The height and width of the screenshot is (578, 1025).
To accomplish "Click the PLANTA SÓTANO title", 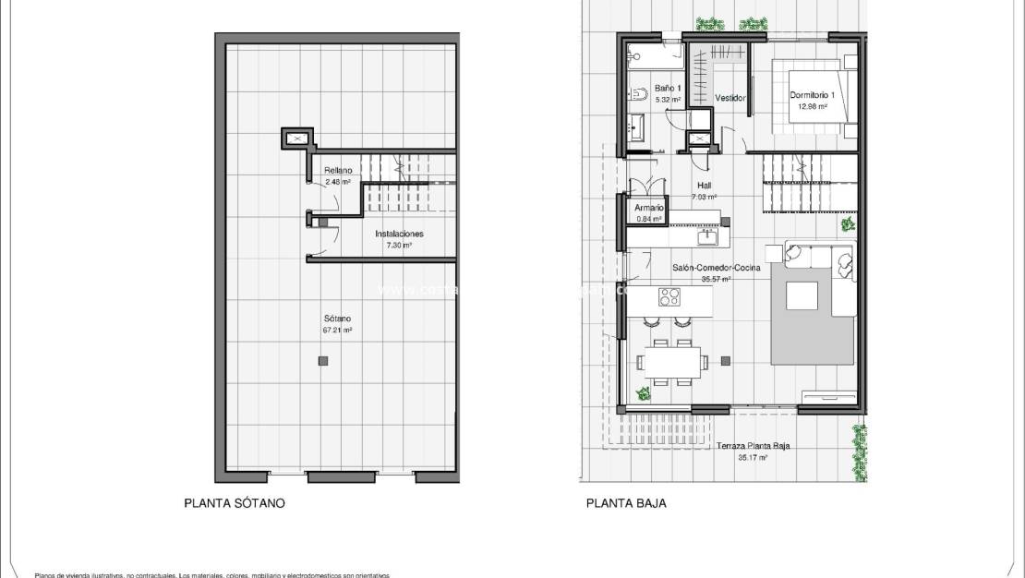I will [x=234, y=504].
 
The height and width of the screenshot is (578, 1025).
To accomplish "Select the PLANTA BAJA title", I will [x=625, y=504].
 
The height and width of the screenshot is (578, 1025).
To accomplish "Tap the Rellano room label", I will [x=337, y=171].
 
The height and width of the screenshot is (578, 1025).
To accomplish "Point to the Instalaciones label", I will [x=399, y=235].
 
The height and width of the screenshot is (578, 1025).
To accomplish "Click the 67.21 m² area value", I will [x=337, y=330].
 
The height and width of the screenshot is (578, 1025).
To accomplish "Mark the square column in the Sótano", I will [x=321, y=359].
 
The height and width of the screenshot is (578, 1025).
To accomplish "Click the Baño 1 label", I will [x=668, y=88].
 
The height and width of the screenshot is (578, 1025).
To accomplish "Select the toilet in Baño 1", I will [x=638, y=93].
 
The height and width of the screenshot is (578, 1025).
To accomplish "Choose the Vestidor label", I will [x=730, y=98].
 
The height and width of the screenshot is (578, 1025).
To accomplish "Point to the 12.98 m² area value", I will [x=812, y=107].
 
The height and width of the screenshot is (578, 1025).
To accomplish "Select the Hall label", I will [x=704, y=186].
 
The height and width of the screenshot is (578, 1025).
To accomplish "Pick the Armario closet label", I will [x=647, y=210].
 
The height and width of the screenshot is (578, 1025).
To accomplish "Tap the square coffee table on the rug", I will [x=802, y=295].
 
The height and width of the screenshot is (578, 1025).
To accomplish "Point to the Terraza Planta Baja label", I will [x=753, y=447].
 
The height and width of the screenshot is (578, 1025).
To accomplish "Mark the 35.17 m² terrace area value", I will [x=753, y=457].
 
